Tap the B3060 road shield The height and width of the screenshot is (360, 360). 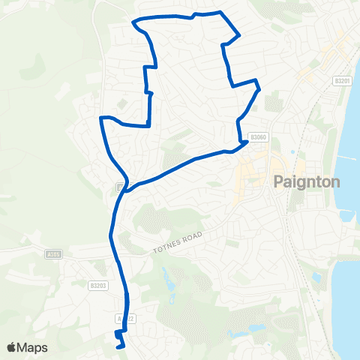coord(259,137)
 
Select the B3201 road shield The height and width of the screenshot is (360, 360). coord(342,81)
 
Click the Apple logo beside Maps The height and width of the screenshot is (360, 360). coord(13,347)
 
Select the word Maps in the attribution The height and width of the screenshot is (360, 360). coord(34,347)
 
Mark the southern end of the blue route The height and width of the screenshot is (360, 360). coord(121,346)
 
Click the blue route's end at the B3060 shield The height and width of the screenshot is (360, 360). coord(247,141)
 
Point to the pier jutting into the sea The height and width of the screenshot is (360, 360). coord(349,158)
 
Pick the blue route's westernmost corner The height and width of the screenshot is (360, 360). coord(100,118)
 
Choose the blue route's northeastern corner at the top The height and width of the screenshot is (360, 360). coord(238,34)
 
